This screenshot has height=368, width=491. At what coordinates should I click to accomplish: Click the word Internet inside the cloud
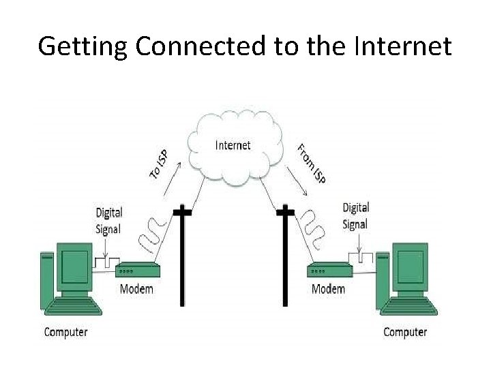[233, 145]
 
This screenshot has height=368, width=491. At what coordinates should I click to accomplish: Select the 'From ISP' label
[311, 164]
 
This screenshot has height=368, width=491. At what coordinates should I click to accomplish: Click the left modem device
[137, 270]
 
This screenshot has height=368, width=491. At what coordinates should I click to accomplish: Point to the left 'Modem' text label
[136, 289]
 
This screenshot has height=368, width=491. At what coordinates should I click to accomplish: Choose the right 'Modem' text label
[328, 289]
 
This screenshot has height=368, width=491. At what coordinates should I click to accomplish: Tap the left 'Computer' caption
[65, 333]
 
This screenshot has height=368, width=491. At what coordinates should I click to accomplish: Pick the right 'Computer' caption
[405, 333]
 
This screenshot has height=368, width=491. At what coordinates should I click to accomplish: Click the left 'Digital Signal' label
[108, 221]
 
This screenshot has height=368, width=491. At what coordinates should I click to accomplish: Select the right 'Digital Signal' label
[355, 215]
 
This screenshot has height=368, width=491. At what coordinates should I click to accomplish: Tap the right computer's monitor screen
[411, 266]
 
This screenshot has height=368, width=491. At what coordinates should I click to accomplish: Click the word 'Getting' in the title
[83, 46]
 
